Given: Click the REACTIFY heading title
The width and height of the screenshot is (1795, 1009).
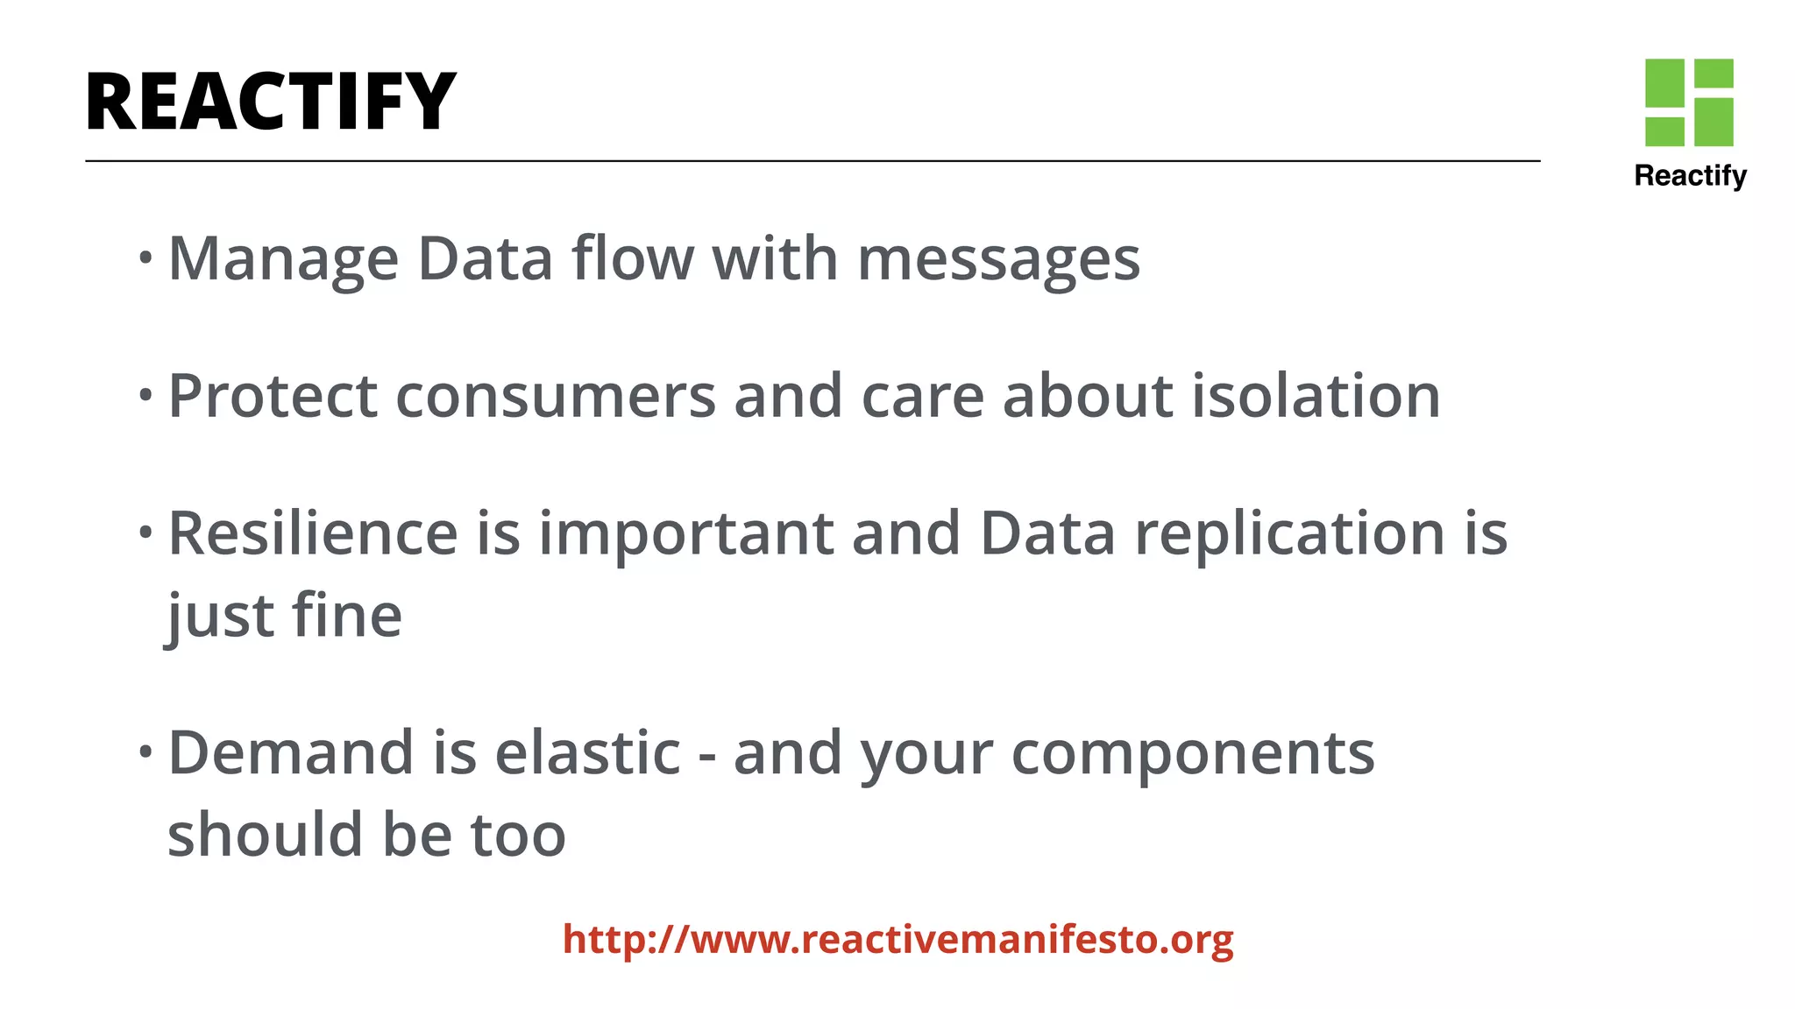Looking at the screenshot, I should click(271, 102).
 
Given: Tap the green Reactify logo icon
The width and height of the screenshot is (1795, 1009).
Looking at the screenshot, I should click(1689, 102).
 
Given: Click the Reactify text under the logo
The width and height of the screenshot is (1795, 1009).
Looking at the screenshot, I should click(1690, 176).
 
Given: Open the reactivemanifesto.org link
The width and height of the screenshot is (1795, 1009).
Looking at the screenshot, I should click(897, 939).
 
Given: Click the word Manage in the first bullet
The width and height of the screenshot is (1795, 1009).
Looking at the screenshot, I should click(283, 259).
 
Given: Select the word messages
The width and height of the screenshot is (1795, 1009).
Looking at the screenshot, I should click(998, 259).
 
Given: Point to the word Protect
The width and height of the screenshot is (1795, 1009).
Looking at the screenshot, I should click(273, 396).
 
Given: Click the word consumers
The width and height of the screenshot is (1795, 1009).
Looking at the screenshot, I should click(556, 396).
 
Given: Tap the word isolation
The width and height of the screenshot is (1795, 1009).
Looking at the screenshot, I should click(1316, 396).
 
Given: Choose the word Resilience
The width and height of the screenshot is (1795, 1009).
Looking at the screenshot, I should click(313, 533).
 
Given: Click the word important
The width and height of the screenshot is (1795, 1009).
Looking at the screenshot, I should click(685, 533).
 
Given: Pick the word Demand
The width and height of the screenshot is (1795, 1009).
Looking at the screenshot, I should click(290, 753).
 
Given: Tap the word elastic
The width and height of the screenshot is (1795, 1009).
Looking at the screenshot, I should click(587, 753).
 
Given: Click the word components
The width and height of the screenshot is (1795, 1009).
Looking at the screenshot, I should click(1193, 753).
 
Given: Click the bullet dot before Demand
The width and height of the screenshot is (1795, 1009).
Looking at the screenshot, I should click(145, 751).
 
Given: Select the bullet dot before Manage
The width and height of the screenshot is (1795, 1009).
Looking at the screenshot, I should click(145, 258).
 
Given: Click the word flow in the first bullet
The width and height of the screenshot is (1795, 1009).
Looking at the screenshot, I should click(632, 259).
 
